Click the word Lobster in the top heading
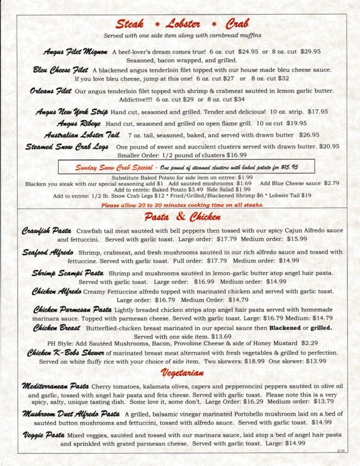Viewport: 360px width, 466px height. tap(181, 24)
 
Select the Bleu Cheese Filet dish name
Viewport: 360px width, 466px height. tap(61, 71)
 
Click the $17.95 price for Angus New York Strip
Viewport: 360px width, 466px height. tap(318, 112)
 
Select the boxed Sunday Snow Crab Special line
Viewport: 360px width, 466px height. tap(186, 166)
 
